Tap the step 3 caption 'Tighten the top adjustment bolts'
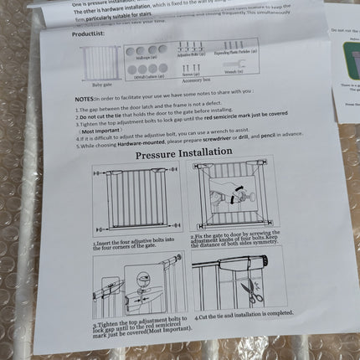coord(137,323)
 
